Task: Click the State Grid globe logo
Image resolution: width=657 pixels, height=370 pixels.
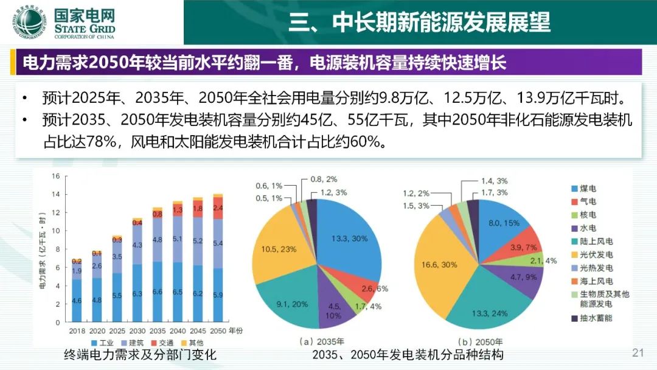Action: [x=29, y=23]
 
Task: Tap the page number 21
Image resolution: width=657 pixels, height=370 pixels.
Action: [x=638, y=353]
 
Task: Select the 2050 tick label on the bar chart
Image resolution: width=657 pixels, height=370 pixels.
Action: [x=218, y=331]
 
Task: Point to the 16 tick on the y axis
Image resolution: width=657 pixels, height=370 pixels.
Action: [x=56, y=176]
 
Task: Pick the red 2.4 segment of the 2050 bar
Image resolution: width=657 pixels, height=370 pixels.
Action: [x=218, y=208]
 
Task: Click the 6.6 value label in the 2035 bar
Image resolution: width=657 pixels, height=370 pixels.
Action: [x=158, y=291]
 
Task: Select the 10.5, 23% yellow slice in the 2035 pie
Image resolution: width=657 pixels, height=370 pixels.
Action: [x=279, y=249]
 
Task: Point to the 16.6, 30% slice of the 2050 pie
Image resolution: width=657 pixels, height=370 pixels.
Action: [x=439, y=265]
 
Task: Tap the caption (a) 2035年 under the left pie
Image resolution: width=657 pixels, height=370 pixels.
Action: [x=321, y=341]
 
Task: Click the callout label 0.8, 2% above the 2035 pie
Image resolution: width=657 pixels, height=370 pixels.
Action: [x=324, y=180]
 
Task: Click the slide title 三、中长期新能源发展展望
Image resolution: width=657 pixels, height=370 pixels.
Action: [x=419, y=22]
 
